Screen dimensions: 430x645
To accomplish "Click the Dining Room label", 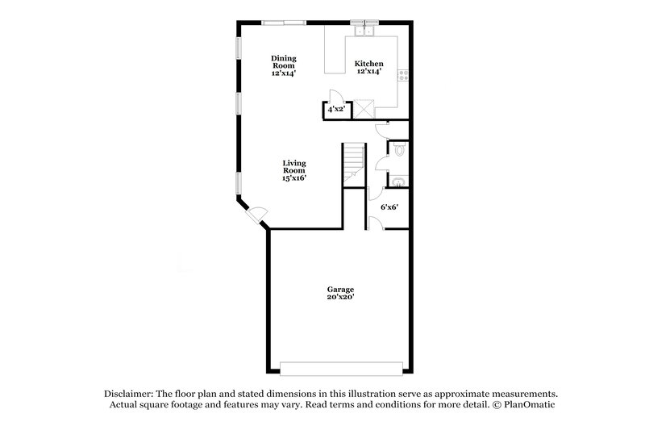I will (283, 62).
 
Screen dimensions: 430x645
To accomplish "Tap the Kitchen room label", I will (368, 64).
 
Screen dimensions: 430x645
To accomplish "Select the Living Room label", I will (293, 167).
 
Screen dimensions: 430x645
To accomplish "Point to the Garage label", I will (340, 289).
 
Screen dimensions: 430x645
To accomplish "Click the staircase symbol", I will (353, 164).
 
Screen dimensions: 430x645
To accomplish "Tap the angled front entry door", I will (256, 214).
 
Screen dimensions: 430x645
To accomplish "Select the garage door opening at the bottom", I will (340, 367).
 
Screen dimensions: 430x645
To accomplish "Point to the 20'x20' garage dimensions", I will (340, 297).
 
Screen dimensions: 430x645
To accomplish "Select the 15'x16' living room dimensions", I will (293, 177).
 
